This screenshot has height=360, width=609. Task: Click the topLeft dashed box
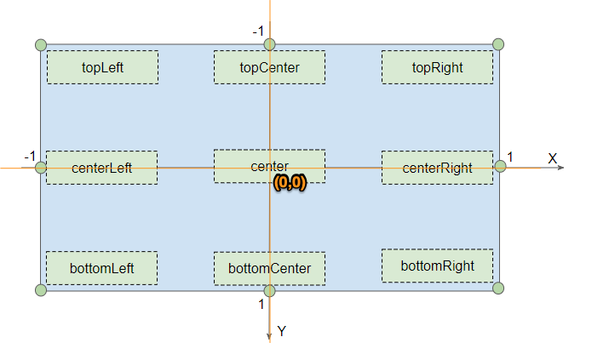tap(102, 67)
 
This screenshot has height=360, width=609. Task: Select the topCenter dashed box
tap(269, 67)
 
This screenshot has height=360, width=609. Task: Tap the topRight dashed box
tap(437, 67)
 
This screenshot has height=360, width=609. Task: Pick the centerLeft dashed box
tap(101, 168)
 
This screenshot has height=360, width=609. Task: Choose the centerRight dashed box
tap(437, 168)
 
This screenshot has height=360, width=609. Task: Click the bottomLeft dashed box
tap(101, 268)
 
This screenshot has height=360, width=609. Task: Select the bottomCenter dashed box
tap(269, 268)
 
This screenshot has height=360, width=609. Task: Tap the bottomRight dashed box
tap(437, 266)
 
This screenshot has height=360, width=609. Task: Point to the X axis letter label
tap(552, 158)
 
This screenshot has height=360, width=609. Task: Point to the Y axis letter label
tap(282, 332)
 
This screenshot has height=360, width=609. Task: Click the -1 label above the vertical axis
tap(257, 31)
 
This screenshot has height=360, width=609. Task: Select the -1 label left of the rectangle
tap(29, 157)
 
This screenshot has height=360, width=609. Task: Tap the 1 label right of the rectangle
tap(510, 157)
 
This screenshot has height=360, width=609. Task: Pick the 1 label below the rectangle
tap(261, 304)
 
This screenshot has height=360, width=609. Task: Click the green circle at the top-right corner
tap(499, 44)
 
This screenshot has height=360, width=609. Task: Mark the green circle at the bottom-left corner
tap(40, 290)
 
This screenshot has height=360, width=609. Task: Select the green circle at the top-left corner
tap(40, 44)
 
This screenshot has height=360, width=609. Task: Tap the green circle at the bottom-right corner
tap(499, 288)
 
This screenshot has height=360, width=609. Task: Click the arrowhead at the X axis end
tap(560, 168)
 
